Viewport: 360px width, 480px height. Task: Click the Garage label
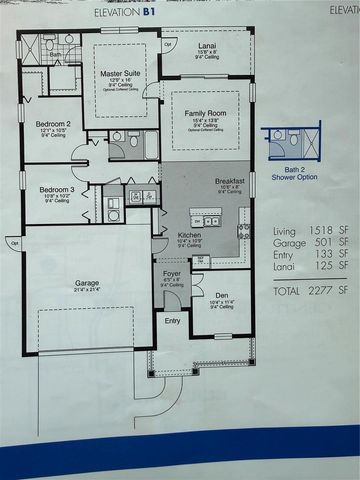87,283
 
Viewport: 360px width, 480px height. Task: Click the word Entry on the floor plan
172,321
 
